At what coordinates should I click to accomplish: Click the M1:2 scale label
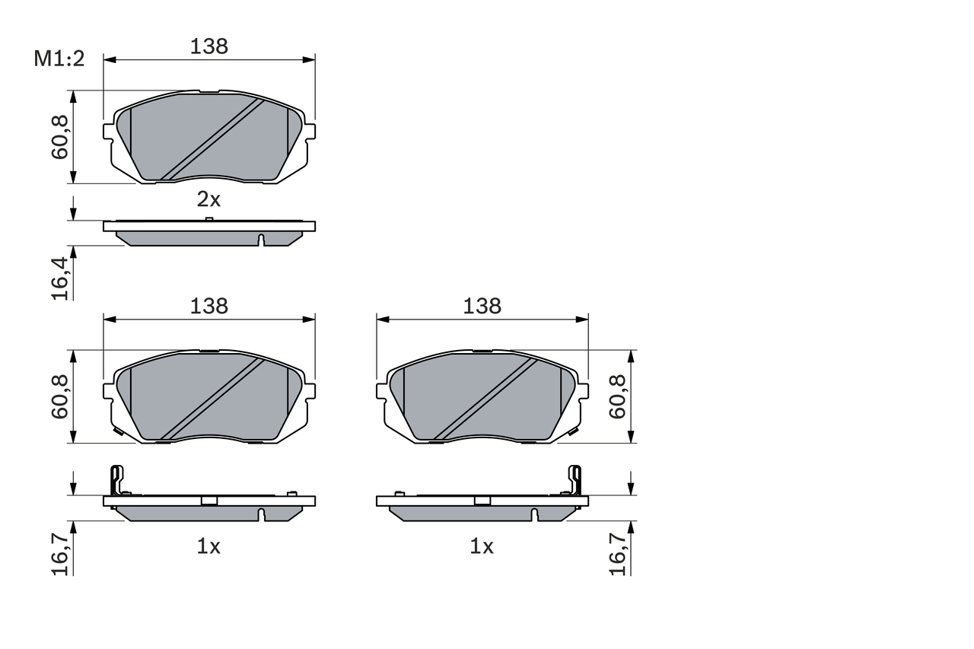click(x=58, y=59)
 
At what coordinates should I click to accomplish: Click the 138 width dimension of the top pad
click(x=208, y=46)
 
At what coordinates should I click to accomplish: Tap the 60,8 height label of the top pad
click(x=61, y=137)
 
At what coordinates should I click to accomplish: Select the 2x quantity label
click(x=208, y=200)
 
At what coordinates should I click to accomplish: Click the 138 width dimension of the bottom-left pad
click(x=208, y=306)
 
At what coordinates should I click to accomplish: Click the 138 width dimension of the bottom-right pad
click(x=482, y=306)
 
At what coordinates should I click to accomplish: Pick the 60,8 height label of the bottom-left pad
click(x=61, y=396)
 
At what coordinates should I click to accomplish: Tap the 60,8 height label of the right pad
click(x=617, y=396)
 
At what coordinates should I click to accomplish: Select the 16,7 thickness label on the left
click(x=61, y=553)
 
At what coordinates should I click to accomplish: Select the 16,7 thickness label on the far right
click(x=617, y=553)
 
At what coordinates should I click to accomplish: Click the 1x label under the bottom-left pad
click(x=208, y=546)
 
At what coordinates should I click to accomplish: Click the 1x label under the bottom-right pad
click(x=482, y=546)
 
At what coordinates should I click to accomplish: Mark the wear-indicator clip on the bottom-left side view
click(x=116, y=481)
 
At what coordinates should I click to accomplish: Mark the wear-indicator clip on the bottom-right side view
click(x=576, y=481)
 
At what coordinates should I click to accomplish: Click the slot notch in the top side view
click(x=260, y=240)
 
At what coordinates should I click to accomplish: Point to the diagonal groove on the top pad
click(x=212, y=139)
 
